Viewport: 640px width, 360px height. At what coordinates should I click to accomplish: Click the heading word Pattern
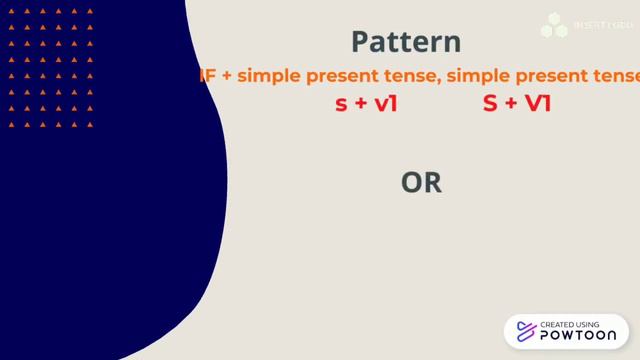[406, 42]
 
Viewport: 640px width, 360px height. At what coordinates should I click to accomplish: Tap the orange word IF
[208, 76]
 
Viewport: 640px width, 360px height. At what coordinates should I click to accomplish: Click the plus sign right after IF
[228, 76]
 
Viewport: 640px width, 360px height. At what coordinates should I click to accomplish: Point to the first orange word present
[338, 76]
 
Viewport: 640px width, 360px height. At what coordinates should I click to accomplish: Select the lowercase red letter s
[341, 103]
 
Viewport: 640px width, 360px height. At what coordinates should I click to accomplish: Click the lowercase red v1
[386, 103]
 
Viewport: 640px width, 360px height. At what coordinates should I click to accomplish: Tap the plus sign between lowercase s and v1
[361, 103]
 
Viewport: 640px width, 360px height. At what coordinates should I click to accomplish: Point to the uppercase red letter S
[490, 103]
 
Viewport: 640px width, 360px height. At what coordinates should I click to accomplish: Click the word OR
[421, 183]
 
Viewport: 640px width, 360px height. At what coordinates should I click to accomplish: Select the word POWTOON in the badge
[578, 337]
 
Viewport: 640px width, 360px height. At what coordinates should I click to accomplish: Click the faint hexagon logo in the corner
[554, 25]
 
